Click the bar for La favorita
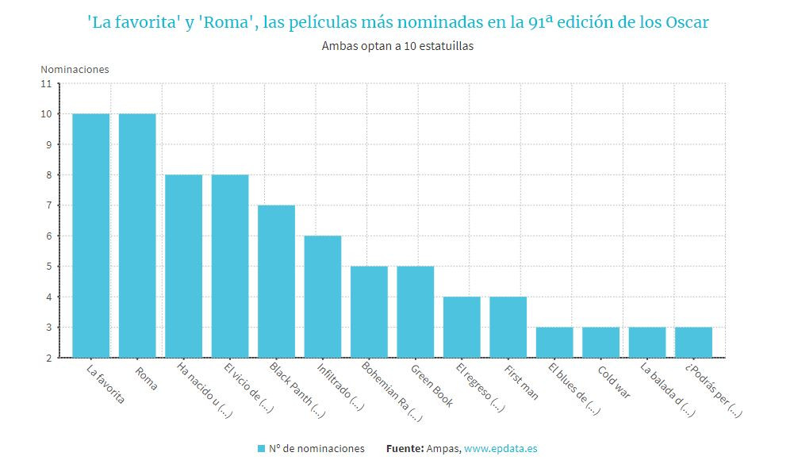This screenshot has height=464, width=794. click(x=90, y=236)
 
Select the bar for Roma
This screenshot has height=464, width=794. click(x=137, y=236)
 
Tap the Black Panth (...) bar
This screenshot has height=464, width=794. click(x=276, y=282)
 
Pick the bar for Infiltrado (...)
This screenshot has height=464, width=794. click(x=323, y=297)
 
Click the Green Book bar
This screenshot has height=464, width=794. click(x=416, y=312)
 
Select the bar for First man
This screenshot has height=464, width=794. click(x=508, y=327)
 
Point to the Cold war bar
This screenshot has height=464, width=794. click(x=600, y=342)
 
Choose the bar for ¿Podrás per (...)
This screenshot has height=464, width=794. click(x=693, y=342)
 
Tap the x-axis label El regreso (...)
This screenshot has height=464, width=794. click(x=480, y=388)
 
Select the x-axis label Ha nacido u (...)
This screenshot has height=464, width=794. click(x=200, y=390)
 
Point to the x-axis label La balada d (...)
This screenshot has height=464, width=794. click(x=666, y=389)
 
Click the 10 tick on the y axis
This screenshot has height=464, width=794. click(x=46, y=114)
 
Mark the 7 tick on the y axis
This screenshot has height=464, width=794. click(x=48, y=205)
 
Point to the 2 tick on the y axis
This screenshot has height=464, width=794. click(x=48, y=358)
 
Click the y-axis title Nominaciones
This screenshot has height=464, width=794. click(x=75, y=69)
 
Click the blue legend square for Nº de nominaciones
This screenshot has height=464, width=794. click(x=262, y=449)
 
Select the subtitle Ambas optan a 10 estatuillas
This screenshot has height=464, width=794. click(x=397, y=46)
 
